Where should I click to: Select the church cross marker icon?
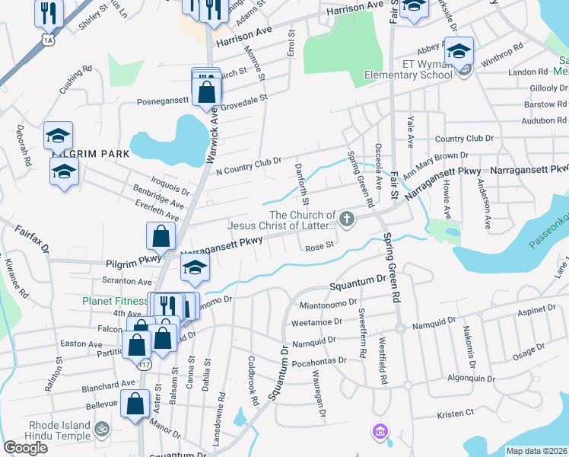347,221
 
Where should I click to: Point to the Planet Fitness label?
116,301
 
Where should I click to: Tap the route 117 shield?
145,366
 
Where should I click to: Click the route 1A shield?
49,38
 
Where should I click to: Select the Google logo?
25,448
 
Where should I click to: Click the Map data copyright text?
536,451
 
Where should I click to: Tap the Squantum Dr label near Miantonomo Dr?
358,286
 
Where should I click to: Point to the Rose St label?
319,247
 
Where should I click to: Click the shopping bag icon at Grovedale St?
206,92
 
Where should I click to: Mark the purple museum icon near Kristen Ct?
380,432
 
